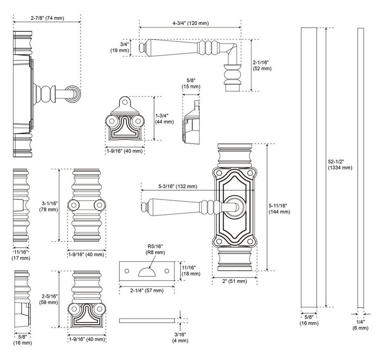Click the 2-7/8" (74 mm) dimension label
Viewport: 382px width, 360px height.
click(x=47, y=18)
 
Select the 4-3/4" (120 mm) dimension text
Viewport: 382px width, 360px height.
click(x=190, y=23)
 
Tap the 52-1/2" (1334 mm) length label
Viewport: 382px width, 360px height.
click(x=340, y=165)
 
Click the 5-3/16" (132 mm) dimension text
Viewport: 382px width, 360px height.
click(x=177, y=186)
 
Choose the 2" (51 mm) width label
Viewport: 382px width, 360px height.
click(x=235, y=281)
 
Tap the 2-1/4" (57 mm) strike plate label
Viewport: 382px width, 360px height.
click(x=147, y=290)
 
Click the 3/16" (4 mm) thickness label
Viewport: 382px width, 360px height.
click(x=180, y=337)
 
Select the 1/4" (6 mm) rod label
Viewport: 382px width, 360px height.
click(x=360, y=325)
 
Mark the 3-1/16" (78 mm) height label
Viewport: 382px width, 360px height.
click(x=49, y=206)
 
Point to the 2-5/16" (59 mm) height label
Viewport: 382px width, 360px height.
click(x=49, y=299)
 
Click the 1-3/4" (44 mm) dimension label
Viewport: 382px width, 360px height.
click(x=164, y=119)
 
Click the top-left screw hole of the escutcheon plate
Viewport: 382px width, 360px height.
click(x=219, y=173)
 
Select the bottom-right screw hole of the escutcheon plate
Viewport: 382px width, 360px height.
click(x=250, y=241)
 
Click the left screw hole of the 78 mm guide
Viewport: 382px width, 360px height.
click(x=74, y=205)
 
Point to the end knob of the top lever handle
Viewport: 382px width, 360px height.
click(x=142, y=48)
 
